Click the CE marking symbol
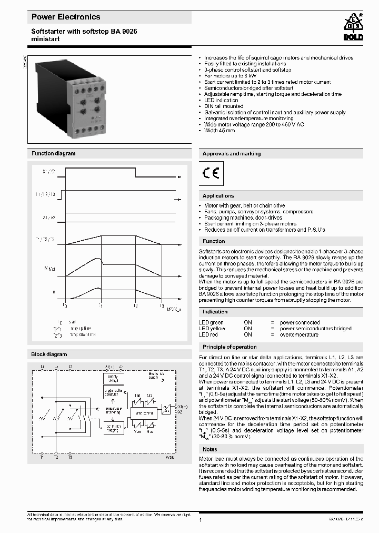tap(212, 173)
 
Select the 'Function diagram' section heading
tap(53, 154)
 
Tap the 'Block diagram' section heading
tap(49, 354)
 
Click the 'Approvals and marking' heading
tap(232, 154)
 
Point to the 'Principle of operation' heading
tap(230, 347)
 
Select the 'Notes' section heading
tap(210, 449)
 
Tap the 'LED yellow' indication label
tap(212, 329)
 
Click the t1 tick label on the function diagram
tap(101, 305)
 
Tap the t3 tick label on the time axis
tap(162, 305)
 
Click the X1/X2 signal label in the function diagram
tap(49, 172)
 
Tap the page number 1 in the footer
tap(201, 520)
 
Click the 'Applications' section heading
tap(218, 196)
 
